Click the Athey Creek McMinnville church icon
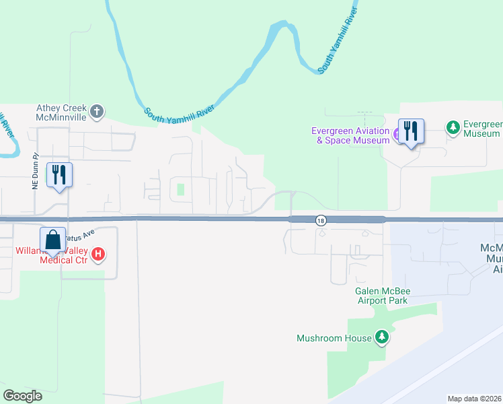[98, 111]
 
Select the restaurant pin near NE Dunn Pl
[59, 175]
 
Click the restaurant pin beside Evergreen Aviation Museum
[411, 131]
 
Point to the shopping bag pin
[53, 241]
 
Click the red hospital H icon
[98, 254]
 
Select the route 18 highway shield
[321, 220]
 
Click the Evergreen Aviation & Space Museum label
[350, 135]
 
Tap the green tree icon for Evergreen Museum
[453, 127]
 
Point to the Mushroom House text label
[334, 338]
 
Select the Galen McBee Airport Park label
[383, 296]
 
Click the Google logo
[22, 395]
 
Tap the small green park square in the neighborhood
[180, 189]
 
